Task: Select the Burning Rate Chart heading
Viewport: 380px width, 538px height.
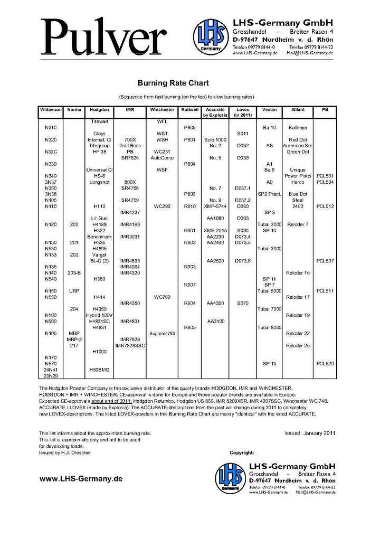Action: pos(173,83)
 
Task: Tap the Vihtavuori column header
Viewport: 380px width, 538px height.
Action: pos(50,109)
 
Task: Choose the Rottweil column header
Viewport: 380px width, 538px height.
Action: pos(189,109)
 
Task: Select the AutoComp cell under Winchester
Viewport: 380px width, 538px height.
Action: pos(162,157)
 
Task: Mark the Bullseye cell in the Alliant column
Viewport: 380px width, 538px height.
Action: pos(298,127)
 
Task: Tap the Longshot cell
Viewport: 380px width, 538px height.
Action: pos(100,182)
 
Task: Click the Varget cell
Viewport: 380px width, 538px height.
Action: pos(100,254)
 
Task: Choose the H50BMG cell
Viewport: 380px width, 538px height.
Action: pos(100,370)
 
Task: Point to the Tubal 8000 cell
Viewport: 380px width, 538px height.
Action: pos(269,327)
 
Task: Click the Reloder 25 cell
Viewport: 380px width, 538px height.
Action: pos(298,345)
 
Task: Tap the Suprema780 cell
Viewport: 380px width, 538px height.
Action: pos(162,334)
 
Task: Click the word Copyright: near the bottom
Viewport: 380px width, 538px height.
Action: pos(242,452)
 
